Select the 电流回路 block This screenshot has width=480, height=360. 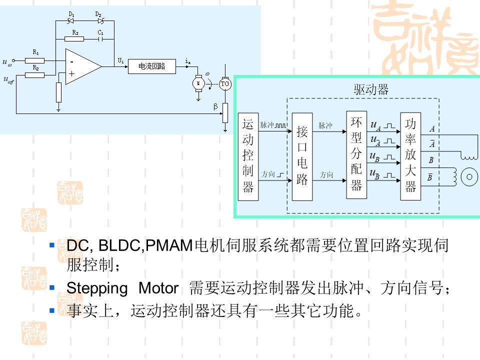152,66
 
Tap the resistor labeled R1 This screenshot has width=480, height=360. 35,60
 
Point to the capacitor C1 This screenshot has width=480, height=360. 101,39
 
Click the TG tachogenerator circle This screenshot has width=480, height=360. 225,83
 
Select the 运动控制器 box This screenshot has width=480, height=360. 248,156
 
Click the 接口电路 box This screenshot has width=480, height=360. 302,156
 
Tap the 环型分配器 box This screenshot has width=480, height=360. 356,155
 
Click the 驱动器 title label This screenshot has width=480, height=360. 371,89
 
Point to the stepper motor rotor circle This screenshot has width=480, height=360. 469,176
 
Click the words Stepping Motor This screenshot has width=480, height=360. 122,288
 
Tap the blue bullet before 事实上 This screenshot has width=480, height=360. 52,311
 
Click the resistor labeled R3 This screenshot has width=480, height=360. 75,39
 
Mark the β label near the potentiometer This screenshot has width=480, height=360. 215,106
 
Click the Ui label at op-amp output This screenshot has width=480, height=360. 120,60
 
